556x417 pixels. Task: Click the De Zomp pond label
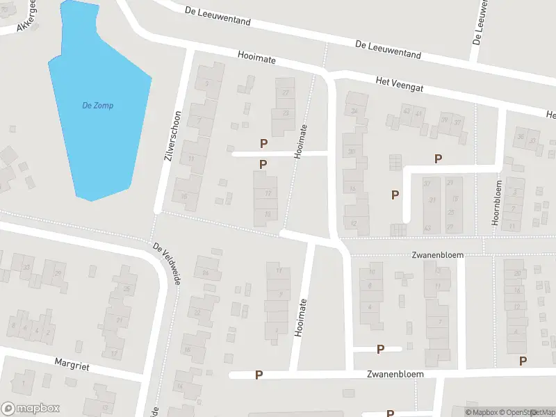[x=97, y=106]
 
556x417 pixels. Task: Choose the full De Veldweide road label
[x=167, y=267]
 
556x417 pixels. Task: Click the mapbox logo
[x=31, y=409]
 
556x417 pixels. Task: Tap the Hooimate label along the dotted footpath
[x=300, y=142]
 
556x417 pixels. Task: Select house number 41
[x=418, y=112]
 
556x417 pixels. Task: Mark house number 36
[x=521, y=137]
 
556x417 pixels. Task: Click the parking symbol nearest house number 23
[x=263, y=143]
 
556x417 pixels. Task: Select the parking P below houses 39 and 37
[x=438, y=158]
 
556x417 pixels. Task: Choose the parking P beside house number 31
[x=395, y=195]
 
